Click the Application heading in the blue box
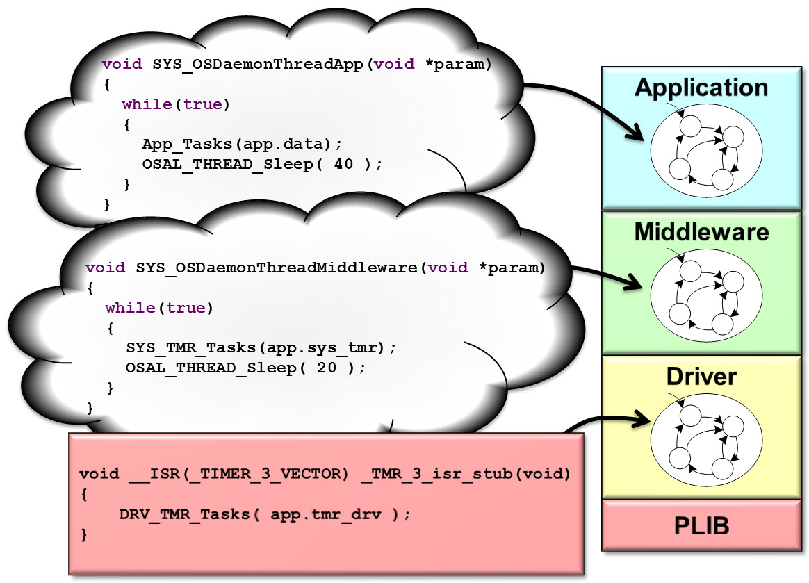click(701, 88)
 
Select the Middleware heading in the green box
click(701, 231)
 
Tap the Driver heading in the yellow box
click(701, 377)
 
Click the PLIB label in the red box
click(701, 526)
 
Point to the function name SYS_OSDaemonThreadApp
click(258, 65)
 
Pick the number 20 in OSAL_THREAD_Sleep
click(326, 368)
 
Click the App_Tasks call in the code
click(183, 145)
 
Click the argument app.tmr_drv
click(330, 515)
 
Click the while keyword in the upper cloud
click(147, 105)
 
